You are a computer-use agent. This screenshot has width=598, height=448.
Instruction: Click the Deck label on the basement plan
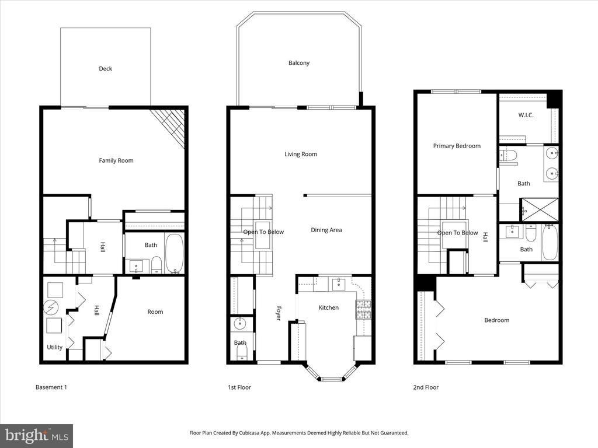click(105, 69)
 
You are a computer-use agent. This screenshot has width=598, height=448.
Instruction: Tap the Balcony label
click(299, 63)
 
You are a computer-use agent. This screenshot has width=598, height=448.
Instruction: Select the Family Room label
click(116, 160)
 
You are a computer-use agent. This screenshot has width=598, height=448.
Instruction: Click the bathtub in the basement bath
click(174, 253)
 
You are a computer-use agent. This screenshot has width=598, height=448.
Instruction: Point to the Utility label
click(54, 347)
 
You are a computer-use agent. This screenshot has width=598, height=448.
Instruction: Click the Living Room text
click(301, 154)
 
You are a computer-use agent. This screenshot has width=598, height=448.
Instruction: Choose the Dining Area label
click(326, 230)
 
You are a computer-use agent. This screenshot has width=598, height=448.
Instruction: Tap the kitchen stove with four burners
click(363, 309)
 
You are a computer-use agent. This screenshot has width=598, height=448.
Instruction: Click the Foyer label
click(279, 313)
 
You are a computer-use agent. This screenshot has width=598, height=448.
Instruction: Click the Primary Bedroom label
click(457, 146)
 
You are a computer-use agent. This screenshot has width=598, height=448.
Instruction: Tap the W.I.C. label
click(526, 115)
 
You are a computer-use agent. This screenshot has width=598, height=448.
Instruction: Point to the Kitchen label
click(328, 307)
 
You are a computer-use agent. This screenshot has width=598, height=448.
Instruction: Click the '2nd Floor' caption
click(426, 387)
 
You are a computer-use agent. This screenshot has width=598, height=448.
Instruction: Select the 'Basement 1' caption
click(51, 387)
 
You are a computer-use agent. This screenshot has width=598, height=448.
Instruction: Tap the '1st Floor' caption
click(239, 387)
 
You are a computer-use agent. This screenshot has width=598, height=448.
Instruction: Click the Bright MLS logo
click(36, 435)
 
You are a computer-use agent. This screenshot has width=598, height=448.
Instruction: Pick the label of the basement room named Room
click(155, 311)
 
